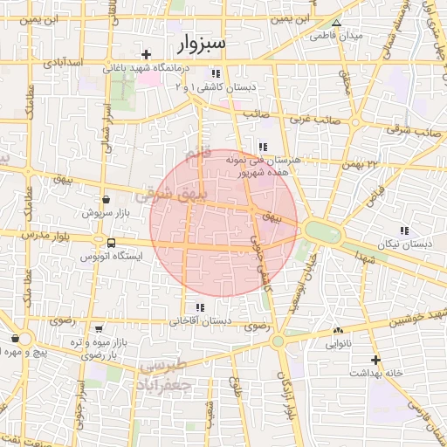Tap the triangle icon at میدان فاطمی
(337, 23)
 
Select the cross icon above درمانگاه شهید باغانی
(147, 53)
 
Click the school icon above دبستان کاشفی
(216, 73)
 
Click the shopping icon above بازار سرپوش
(106, 200)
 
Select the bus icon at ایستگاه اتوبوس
(111, 243)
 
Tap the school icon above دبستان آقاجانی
(201, 307)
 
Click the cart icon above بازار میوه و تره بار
(99, 329)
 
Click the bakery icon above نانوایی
(338, 331)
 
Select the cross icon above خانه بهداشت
(375, 360)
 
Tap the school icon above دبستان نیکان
(403, 230)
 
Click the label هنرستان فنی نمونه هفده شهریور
(263, 166)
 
